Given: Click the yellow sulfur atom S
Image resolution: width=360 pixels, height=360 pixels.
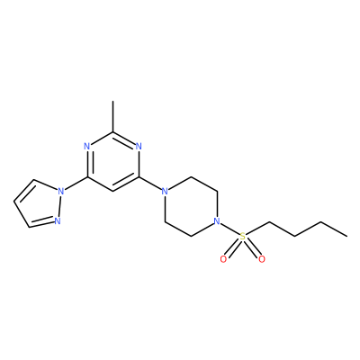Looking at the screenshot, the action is click(x=243, y=237).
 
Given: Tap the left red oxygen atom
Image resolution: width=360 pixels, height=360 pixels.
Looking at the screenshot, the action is click(x=223, y=259).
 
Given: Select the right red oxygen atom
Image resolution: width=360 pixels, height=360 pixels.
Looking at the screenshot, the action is click(x=262, y=259).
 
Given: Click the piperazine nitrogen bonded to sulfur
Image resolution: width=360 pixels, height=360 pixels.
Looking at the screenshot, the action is click(x=217, y=221).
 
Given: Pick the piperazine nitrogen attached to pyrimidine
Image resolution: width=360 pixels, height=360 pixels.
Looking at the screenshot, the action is click(x=165, y=191).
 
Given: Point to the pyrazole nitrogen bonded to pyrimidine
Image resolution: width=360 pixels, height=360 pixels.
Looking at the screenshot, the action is click(x=61, y=191).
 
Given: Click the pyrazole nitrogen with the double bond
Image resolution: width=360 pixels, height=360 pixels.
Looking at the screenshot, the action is click(x=58, y=221).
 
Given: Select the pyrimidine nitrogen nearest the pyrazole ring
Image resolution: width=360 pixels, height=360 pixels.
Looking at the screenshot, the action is click(x=87, y=147).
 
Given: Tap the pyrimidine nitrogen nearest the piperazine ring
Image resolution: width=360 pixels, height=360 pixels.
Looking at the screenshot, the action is click(x=139, y=147).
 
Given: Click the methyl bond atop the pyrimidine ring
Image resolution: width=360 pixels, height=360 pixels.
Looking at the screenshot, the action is click(x=112, y=116).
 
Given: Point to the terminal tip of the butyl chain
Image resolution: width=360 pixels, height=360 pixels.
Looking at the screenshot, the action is click(x=347, y=237).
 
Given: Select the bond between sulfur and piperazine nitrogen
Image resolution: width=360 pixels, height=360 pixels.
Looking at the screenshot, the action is click(x=229, y=229).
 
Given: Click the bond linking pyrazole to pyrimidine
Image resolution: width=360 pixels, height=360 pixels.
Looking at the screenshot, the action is click(x=76, y=184).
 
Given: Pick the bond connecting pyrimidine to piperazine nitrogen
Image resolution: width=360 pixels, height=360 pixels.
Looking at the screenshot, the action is click(x=149, y=184).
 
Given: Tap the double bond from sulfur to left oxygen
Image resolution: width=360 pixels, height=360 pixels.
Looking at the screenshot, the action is click(x=233, y=248).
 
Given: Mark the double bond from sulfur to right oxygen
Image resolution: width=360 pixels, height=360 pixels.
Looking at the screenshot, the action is click(x=252, y=248).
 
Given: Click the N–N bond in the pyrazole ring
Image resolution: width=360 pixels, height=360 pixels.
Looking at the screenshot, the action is click(x=59, y=206).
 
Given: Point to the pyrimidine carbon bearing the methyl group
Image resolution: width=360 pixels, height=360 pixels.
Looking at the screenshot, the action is click(x=112, y=131).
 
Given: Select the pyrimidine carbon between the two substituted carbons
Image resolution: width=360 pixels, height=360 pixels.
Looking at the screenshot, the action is click(x=112, y=192).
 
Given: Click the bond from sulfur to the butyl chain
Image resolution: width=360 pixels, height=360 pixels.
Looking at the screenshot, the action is click(x=257, y=229).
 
